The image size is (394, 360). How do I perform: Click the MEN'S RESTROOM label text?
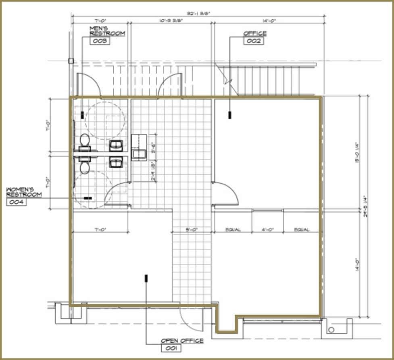pyautogui.click(x=106, y=31)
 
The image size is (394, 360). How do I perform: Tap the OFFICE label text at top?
pyautogui.click(x=254, y=33)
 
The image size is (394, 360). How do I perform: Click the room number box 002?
pyautogui.click(x=254, y=41)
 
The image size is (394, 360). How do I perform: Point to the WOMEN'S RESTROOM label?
pyautogui.click(x=24, y=192)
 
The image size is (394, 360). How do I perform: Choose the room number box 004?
pyautogui.click(x=17, y=202)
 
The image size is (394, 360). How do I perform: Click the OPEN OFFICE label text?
pyautogui.click(x=182, y=341)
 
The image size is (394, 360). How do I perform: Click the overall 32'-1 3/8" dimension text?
pyautogui.click(x=198, y=13)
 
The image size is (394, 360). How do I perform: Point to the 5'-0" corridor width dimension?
pyautogui.click(x=192, y=230)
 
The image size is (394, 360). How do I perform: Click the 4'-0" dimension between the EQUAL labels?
pyautogui.click(x=267, y=230)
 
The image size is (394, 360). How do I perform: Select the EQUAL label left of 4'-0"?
pyautogui.click(x=233, y=230)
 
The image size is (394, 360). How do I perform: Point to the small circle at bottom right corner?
pyautogui.click(x=331, y=330)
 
